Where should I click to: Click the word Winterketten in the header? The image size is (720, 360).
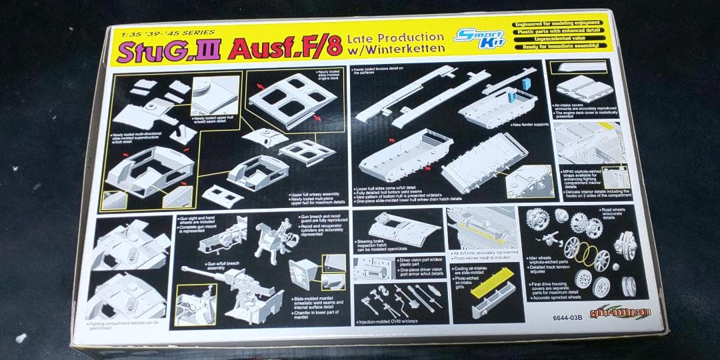click(x=395, y=51)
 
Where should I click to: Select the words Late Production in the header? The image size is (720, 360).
click(x=395, y=38)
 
